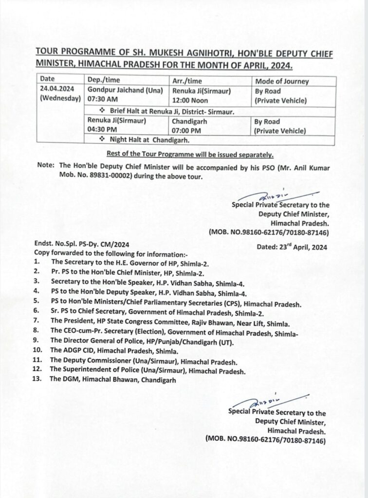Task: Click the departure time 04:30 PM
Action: (x=100, y=130)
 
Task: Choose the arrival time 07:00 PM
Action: (x=184, y=130)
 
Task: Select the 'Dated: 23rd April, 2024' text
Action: (x=292, y=247)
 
